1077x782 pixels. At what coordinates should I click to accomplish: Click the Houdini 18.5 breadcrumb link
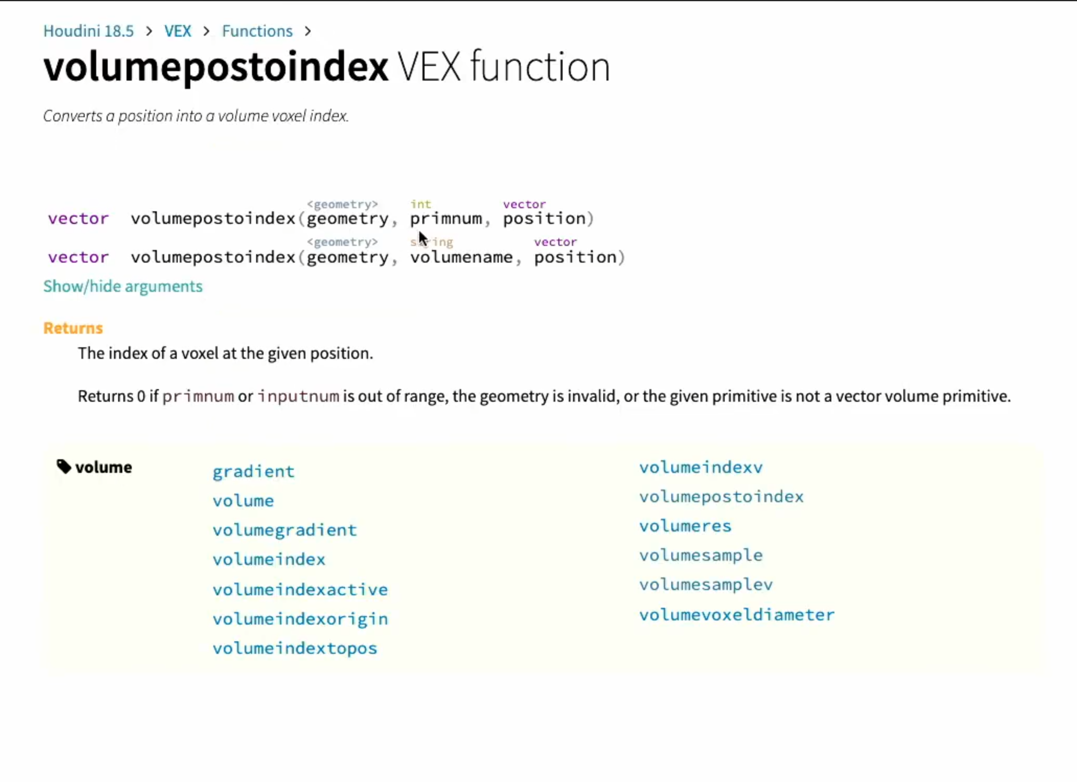pyautogui.click(x=88, y=31)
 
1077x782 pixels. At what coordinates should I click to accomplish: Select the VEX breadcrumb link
pyautogui.click(x=178, y=31)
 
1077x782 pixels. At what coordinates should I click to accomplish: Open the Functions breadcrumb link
pyautogui.click(x=257, y=31)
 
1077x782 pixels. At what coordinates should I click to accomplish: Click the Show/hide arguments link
pyautogui.click(x=123, y=286)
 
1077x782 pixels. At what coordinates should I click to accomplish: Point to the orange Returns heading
pyautogui.click(x=73, y=328)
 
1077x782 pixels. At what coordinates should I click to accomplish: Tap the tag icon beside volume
pyautogui.click(x=64, y=466)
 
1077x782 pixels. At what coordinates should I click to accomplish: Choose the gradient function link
pyautogui.click(x=254, y=472)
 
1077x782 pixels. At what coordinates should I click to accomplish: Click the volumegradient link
pyautogui.click(x=284, y=530)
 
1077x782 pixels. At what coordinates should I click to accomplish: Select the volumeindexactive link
pyautogui.click(x=300, y=590)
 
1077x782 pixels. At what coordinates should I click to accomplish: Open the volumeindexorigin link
pyautogui.click(x=300, y=619)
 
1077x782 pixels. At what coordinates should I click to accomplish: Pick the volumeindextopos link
pyautogui.click(x=295, y=649)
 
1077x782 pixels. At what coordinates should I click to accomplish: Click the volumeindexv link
pyautogui.click(x=701, y=467)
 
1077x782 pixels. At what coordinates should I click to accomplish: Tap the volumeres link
pyautogui.click(x=685, y=526)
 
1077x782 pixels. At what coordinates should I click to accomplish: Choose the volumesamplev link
pyautogui.click(x=706, y=585)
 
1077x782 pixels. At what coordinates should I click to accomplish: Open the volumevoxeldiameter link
pyautogui.click(x=737, y=615)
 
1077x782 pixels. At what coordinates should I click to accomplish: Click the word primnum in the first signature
pyautogui.click(x=446, y=219)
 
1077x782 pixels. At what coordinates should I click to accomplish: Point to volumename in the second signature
pyautogui.click(x=461, y=257)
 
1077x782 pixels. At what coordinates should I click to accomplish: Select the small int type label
pyautogui.click(x=421, y=204)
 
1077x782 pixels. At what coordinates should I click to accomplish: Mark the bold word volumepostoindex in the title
pyautogui.click(x=216, y=67)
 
